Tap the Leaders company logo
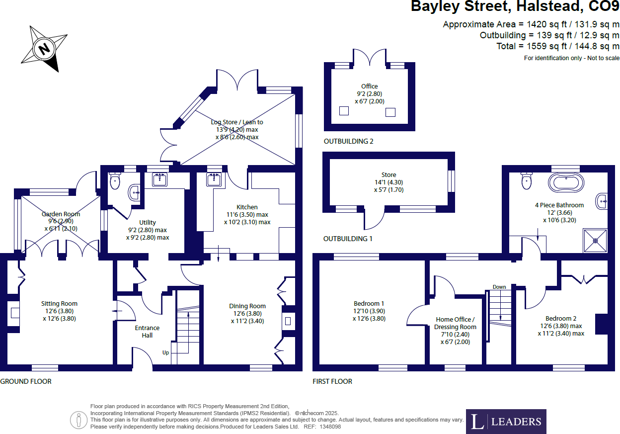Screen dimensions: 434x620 [506, 422]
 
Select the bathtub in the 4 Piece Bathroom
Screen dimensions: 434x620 [566, 182]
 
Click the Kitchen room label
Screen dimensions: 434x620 [247, 207]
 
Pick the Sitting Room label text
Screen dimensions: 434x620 [59, 304]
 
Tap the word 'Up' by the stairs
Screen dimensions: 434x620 [165, 352]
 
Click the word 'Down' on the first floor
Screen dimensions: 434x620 [499, 287]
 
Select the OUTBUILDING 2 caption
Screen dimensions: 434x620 [348, 141]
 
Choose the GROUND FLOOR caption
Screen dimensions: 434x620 [26, 381]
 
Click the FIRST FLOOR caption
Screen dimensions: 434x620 [332, 381]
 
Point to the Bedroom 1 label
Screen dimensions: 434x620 [369, 304]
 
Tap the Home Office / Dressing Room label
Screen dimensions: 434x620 [455, 323]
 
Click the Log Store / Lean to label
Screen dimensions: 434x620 [237, 122]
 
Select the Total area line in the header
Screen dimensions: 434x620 [558, 46]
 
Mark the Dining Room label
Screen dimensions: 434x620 [247, 306]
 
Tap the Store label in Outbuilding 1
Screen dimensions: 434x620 [388, 175]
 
